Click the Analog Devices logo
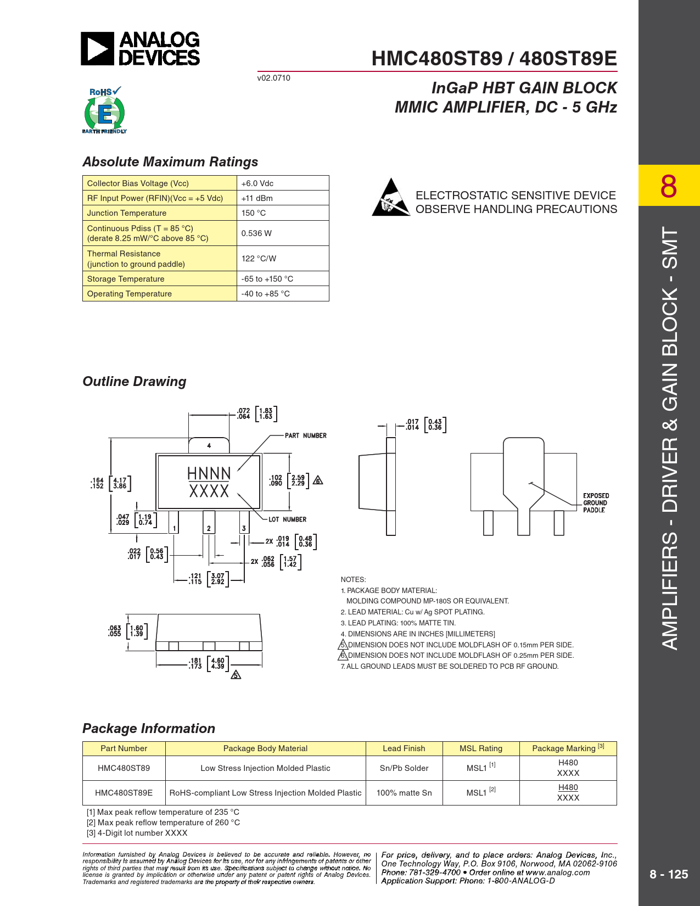(141, 49)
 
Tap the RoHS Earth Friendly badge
(104, 111)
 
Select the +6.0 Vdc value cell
(257, 183)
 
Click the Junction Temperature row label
(127, 213)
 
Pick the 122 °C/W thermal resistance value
(259, 259)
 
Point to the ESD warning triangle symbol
(391, 197)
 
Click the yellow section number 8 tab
(669, 186)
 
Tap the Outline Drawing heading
(135, 382)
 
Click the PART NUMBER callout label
(305, 435)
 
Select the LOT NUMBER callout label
(287, 519)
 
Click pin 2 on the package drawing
(209, 528)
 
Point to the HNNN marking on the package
(209, 473)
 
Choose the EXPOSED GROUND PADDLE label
(596, 502)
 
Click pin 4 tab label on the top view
(209, 445)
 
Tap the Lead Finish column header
(404, 748)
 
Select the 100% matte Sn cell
(404, 793)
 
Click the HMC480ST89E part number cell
(124, 793)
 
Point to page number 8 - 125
(669, 874)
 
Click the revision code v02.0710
(273, 78)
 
